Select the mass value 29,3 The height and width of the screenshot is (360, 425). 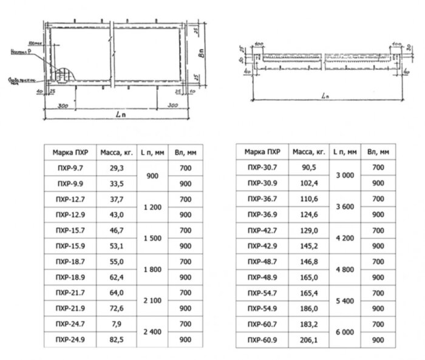click(118, 167)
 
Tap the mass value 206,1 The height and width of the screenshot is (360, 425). click(310, 340)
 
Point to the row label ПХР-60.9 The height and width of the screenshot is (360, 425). click(262, 340)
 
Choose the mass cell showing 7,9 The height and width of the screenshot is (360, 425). click(118, 325)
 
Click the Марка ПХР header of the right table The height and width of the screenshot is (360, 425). click(262, 151)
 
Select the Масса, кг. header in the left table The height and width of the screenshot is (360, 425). click(117, 151)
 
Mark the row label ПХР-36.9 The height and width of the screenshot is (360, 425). click(262, 214)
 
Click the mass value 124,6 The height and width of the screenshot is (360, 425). click(310, 214)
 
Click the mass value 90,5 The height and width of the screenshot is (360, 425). click(310, 167)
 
